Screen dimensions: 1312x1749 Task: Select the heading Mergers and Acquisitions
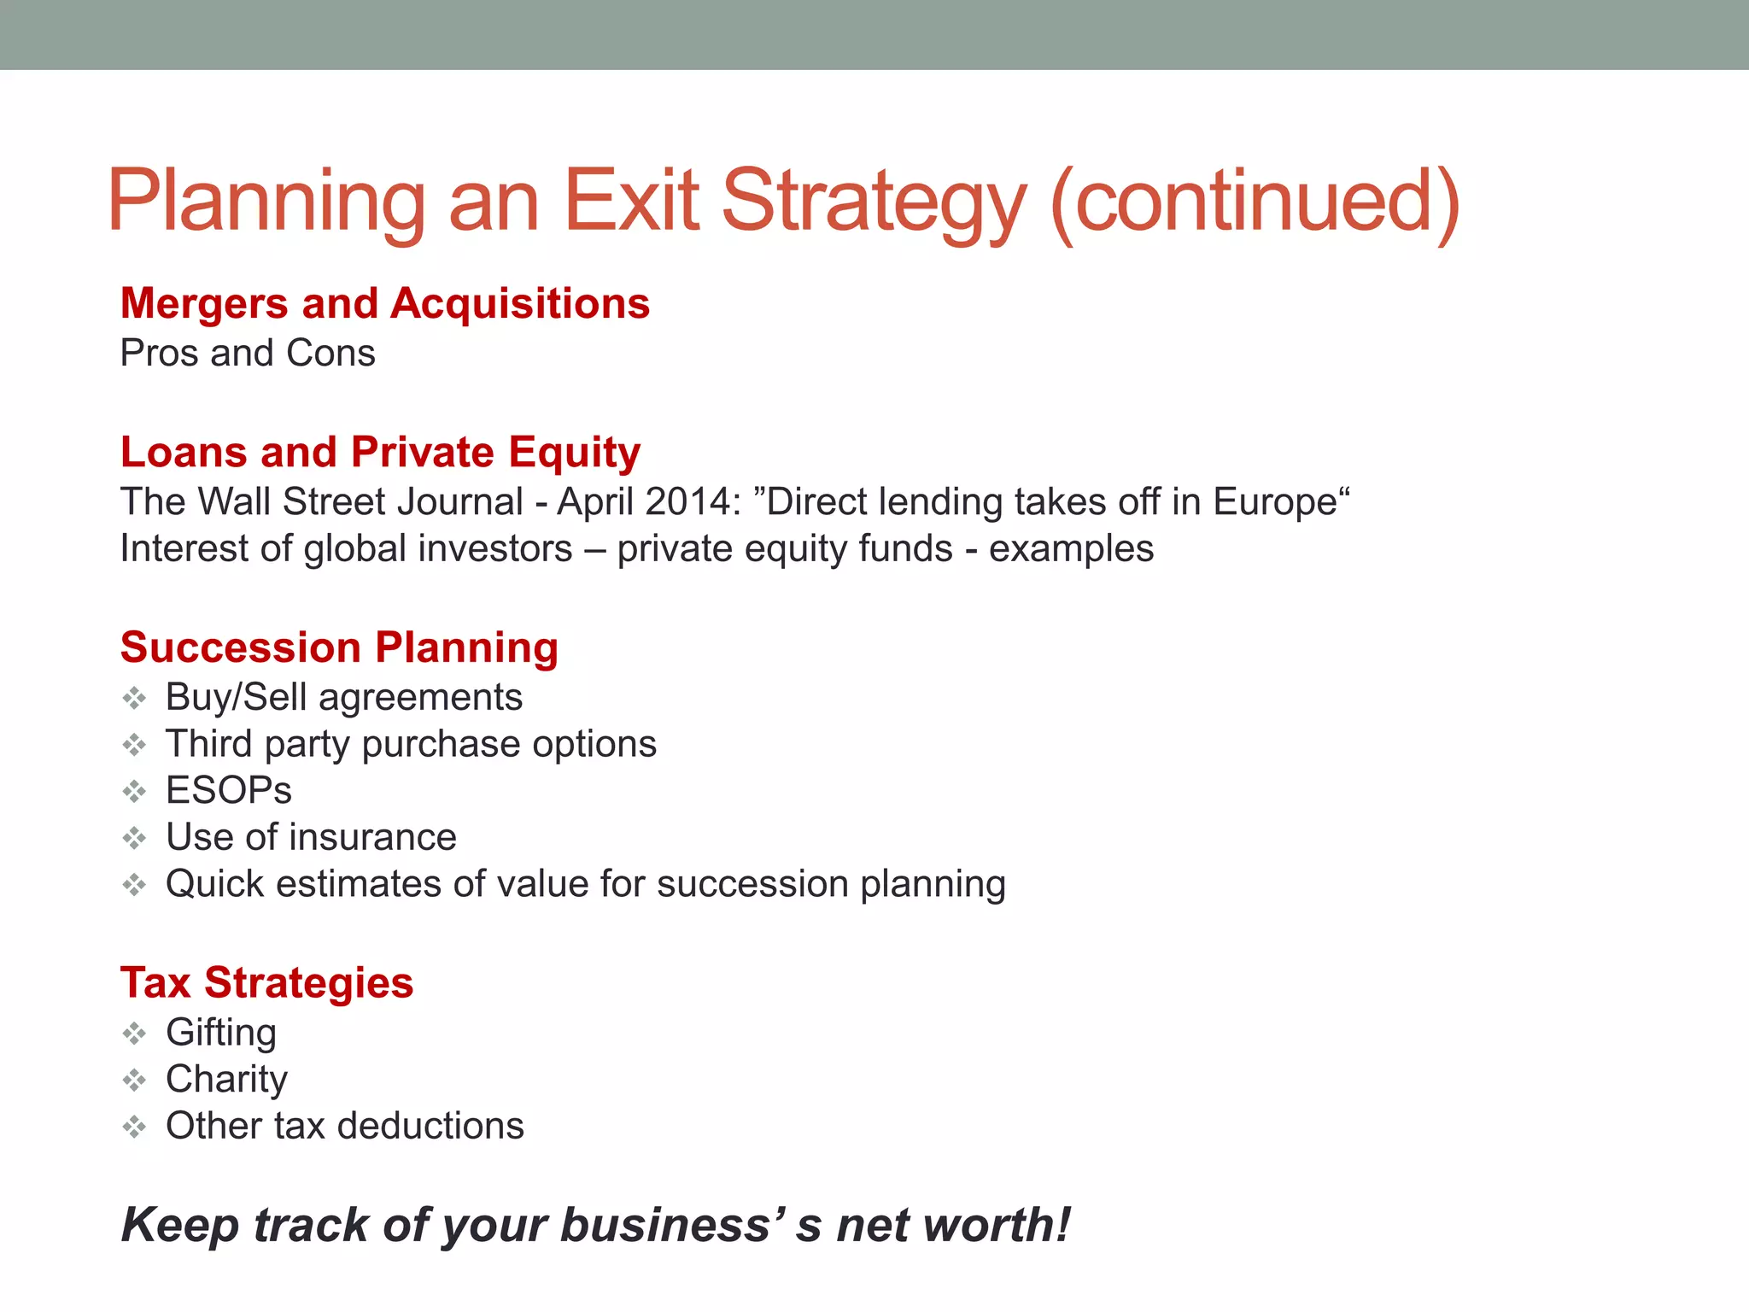[385, 304]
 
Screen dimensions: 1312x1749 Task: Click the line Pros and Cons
[248, 354]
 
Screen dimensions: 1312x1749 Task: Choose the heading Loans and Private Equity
[380, 453]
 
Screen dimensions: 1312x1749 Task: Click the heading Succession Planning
[339, 647]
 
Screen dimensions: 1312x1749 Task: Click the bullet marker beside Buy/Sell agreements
[134, 699]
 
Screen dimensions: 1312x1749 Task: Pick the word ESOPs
[229, 791]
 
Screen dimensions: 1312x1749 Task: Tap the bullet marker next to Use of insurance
[134, 838]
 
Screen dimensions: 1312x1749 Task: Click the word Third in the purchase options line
[209, 744]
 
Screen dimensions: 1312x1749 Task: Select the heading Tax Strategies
[266, 983]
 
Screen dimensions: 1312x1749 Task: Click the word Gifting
[221, 1034]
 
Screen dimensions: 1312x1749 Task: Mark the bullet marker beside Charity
[134, 1081]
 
